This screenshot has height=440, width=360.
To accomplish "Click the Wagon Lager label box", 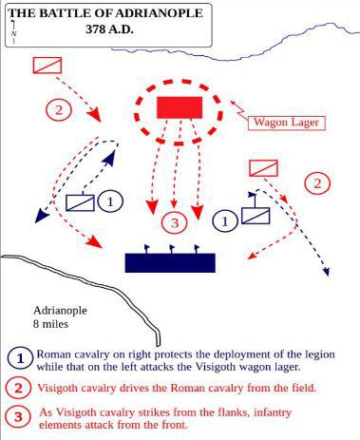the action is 287,123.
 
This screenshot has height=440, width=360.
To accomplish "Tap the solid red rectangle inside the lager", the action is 180,107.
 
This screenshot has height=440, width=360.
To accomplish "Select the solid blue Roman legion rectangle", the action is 170,262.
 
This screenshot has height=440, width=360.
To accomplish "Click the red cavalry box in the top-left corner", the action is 47,66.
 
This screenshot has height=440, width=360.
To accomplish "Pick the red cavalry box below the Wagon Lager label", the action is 263,168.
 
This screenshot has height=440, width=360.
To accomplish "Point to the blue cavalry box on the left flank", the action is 80,202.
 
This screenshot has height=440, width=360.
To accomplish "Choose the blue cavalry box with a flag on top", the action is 256,216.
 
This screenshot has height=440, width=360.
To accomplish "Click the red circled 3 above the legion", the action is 175,222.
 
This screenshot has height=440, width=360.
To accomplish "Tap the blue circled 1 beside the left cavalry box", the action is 110,201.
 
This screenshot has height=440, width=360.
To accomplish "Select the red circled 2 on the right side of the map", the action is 317,183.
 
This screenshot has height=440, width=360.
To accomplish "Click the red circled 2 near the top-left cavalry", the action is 59,110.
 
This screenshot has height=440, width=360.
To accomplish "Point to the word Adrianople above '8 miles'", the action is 60,311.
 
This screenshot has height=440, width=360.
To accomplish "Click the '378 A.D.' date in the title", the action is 109,29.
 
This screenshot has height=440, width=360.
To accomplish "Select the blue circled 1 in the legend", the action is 20,359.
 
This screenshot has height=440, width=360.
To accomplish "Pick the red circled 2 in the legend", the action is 19,388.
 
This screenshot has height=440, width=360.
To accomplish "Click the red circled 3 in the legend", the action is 19,416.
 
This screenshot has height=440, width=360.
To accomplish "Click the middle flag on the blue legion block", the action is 172,249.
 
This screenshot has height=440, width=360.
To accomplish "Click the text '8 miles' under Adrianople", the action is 50,324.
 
